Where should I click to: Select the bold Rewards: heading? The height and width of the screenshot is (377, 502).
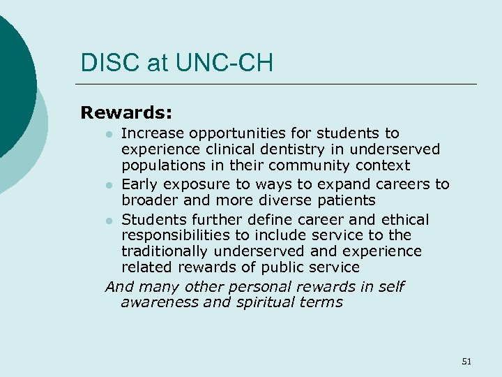click(x=126, y=112)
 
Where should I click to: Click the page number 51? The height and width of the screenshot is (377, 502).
click(x=466, y=361)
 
